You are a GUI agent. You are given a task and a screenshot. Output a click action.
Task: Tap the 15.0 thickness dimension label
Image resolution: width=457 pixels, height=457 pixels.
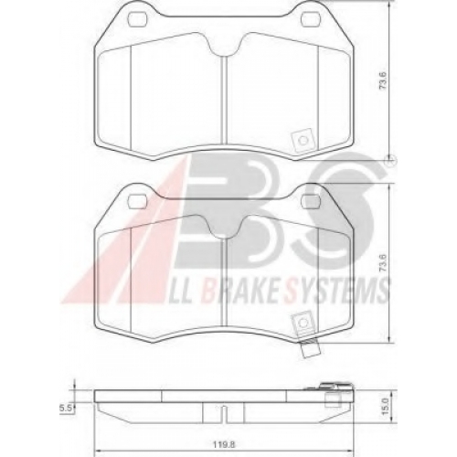point(385,407)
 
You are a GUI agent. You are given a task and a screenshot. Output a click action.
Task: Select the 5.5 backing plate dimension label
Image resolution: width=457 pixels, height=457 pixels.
point(65,409)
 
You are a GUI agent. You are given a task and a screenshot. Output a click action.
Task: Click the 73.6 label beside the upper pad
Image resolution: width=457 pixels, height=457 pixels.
point(383,80)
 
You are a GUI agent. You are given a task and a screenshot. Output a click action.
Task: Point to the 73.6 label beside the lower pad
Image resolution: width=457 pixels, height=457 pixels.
point(383,263)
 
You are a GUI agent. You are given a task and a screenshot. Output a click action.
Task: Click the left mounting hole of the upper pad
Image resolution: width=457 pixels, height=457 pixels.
point(137,19)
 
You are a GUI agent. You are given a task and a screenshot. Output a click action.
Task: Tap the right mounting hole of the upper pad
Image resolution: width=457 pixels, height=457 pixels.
point(310,19)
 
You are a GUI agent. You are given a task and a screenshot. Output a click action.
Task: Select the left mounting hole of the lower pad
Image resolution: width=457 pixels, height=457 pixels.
point(137,201)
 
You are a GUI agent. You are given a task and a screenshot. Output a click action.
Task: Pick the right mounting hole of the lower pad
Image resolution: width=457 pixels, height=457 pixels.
point(310,201)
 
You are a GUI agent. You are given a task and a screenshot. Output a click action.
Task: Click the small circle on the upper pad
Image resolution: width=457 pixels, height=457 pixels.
point(303,140)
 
